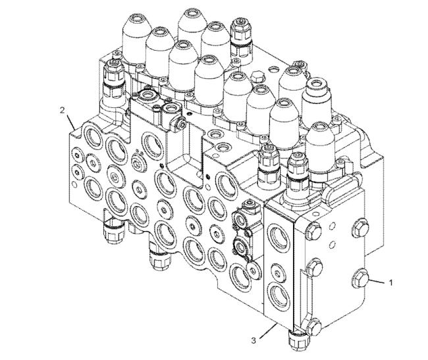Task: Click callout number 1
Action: pos(391,282)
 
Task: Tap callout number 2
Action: pos(63,110)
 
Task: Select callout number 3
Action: pos(254,340)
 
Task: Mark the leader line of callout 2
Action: pos(70,122)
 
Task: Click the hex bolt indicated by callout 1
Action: pos(360,278)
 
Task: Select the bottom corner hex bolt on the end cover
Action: pos(313,328)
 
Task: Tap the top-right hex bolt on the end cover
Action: pos(361,228)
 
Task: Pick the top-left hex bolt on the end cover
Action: pos(313,231)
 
